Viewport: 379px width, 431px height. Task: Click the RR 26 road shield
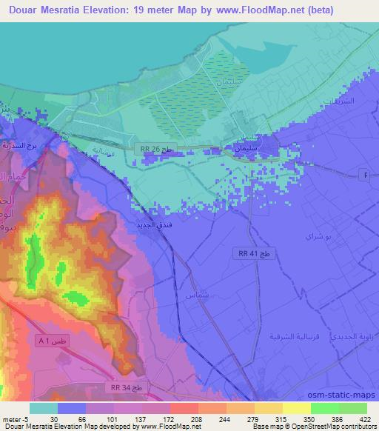156,149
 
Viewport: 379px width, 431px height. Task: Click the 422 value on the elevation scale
363,419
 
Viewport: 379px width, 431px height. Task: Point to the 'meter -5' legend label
13,419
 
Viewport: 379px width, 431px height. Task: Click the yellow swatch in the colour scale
297,408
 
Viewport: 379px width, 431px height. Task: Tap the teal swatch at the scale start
44,408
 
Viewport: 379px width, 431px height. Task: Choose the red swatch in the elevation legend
184,408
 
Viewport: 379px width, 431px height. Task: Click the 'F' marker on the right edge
364,174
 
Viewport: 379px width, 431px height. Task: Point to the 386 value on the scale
337,419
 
